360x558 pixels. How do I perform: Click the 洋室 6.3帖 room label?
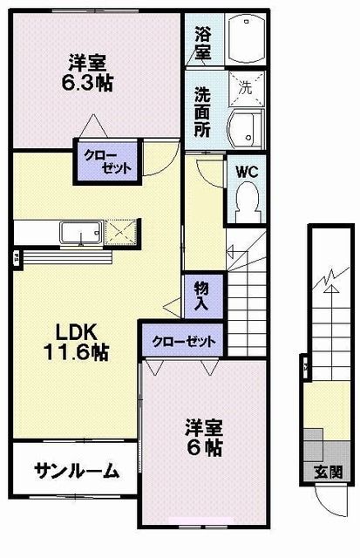90,73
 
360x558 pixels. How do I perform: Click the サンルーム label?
76,471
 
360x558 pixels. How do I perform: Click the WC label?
246,171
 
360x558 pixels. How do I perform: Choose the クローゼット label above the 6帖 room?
182,340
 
